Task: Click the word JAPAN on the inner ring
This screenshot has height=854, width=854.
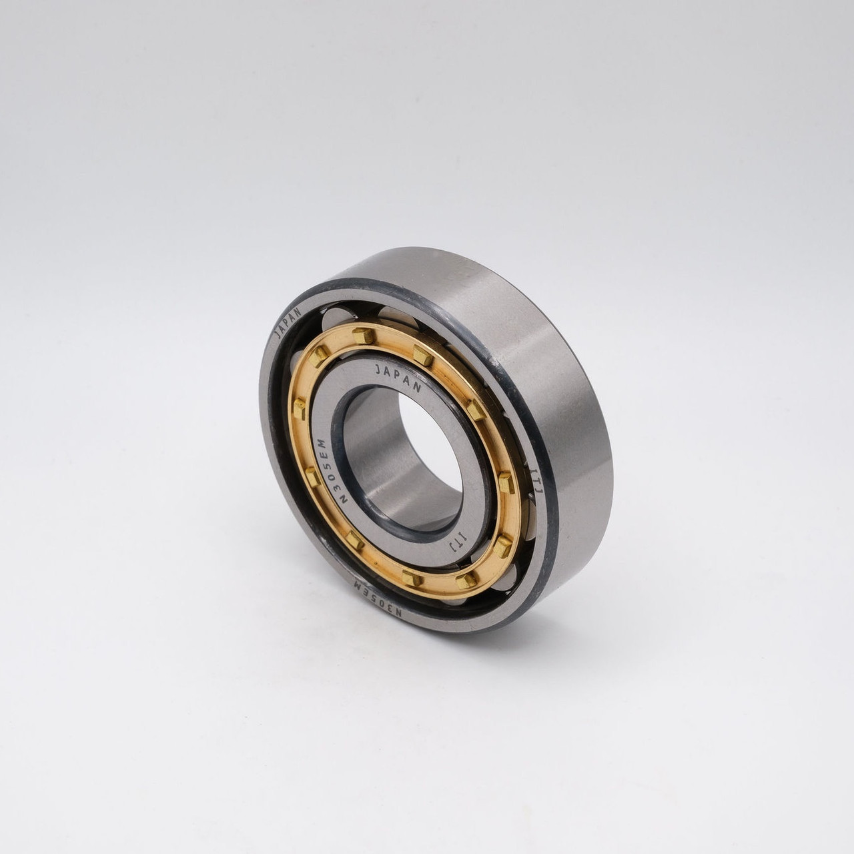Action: tap(398, 377)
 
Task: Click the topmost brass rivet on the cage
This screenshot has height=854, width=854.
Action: tap(362, 334)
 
